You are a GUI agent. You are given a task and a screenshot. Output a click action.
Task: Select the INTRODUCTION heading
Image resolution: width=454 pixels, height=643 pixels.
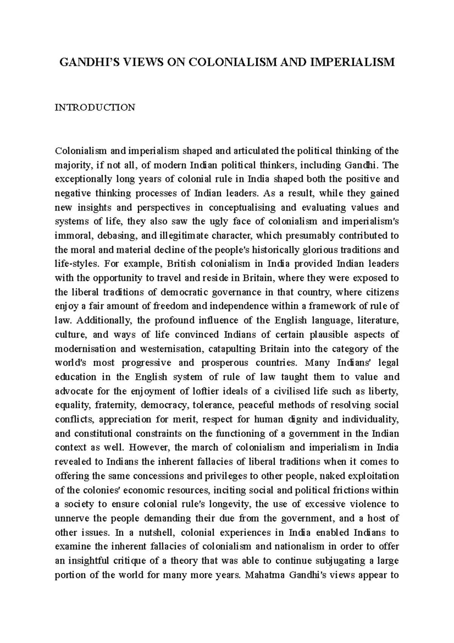95,108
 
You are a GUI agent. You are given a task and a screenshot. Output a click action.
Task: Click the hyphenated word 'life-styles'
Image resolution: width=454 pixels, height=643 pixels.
77,264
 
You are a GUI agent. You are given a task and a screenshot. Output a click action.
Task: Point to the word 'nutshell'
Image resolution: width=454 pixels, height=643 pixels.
156,532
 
